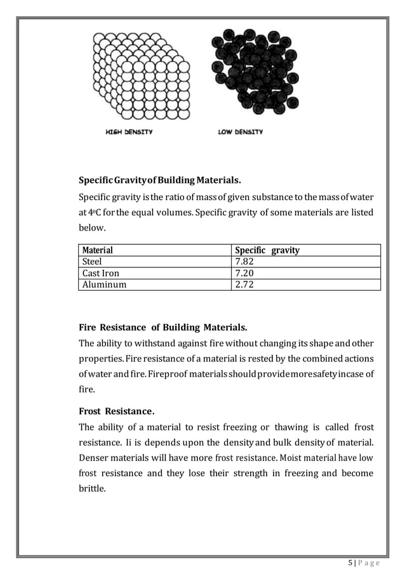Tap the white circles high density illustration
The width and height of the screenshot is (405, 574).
pyautogui.click(x=140, y=76)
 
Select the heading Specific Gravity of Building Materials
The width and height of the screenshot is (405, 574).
pyautogui.click(x=159, y=178)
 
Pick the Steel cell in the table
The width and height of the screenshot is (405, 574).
pyautogui.click(x=93, y=261)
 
